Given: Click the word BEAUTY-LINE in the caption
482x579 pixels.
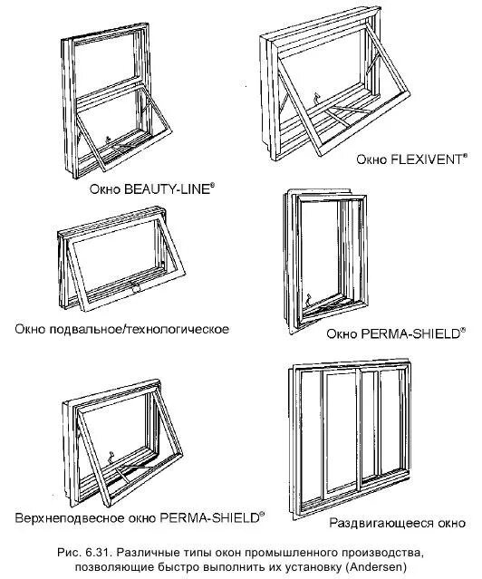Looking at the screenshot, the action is pos(167,189).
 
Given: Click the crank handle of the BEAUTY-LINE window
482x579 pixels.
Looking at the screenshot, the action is pos(108,140).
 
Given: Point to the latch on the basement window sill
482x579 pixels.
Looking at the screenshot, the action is pos(135,287).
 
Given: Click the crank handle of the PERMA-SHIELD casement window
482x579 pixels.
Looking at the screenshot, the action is pos(308,298).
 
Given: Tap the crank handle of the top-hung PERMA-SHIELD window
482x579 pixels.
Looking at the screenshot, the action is pos(110,457).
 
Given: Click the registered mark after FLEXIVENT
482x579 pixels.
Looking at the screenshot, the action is pos(465,156).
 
